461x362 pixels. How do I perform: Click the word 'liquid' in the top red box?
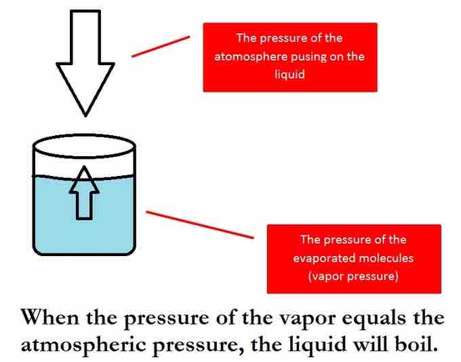(x=289, y=75)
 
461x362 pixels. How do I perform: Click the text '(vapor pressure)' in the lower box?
(x=353, y=276)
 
